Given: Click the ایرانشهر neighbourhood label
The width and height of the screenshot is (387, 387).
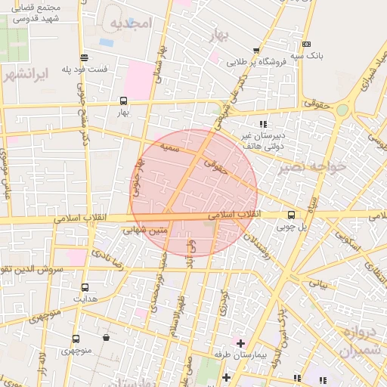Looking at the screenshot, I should (x=26, y=76).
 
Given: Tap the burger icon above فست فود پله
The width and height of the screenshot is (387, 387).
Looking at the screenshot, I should (x=83, y=57).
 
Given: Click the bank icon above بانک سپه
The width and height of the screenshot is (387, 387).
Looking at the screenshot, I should (x=306, y=45).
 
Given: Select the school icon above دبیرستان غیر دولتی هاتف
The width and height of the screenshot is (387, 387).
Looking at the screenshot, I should (x=263, y=123).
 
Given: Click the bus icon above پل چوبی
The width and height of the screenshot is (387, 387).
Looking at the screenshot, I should (x=291, y=215).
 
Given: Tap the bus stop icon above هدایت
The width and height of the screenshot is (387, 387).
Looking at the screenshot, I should (x=84, y=287).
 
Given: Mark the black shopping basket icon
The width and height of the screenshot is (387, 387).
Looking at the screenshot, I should (x=105, y=338).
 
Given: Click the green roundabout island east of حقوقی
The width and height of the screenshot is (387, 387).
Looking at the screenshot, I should (x=342, y=110).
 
